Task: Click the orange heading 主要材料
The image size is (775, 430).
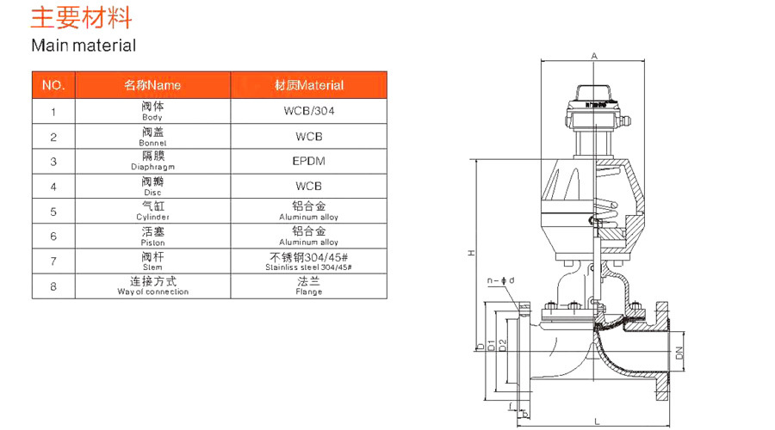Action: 82,18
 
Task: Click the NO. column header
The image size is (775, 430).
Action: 53,85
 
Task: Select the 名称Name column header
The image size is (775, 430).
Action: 152,85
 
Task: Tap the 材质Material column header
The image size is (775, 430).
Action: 308,85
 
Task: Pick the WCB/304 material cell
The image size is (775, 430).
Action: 308,111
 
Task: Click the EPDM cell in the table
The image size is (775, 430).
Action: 308,161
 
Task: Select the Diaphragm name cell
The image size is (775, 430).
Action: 152,162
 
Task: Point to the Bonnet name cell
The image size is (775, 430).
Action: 152,137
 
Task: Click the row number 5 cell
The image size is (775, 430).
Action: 53,211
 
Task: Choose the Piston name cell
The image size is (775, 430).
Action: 152,236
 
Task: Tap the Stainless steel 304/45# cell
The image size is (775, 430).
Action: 308,261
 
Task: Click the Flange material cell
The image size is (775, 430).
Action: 308,286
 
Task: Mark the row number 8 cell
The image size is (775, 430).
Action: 53,286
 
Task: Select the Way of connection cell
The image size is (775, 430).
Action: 152,286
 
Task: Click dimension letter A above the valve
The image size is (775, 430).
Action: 594,56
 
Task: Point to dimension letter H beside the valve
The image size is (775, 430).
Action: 471,253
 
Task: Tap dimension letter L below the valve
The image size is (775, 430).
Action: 597,421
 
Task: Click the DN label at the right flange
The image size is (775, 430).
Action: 679,353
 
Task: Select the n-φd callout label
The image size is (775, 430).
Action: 501,280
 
